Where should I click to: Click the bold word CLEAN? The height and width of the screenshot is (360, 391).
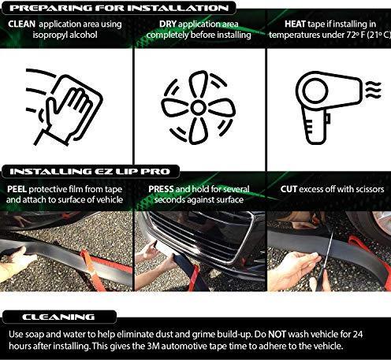(21, 24)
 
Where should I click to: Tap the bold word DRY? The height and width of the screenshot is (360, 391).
(168, 24)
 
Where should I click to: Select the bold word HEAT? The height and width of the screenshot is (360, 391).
(295, 24)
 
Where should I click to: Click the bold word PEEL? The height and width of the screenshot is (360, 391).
(17, 189)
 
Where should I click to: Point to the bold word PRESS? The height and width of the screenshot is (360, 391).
(161, 189)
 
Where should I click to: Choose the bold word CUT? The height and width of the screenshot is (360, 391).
(289, 189)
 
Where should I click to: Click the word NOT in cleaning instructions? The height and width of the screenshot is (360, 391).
(277, 334)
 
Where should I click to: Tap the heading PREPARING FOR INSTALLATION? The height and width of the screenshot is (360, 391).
(119, 8)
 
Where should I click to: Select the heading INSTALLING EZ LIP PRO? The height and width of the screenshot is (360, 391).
(90, 172)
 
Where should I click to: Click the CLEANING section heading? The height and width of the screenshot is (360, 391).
(58, 317)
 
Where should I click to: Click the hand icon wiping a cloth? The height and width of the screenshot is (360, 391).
(65, 107)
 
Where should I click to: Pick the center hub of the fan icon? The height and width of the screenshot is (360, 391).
(198, 107)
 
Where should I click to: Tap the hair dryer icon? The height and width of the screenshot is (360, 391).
(330, 106)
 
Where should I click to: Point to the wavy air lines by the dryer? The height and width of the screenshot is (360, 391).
(373, 90)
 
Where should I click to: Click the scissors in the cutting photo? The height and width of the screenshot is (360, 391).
(326, 260)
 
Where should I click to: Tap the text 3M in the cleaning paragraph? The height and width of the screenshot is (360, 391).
(153, 346)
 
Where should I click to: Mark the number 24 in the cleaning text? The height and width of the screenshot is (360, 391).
(358, 334)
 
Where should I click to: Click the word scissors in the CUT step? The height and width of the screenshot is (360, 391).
(368, 189)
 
